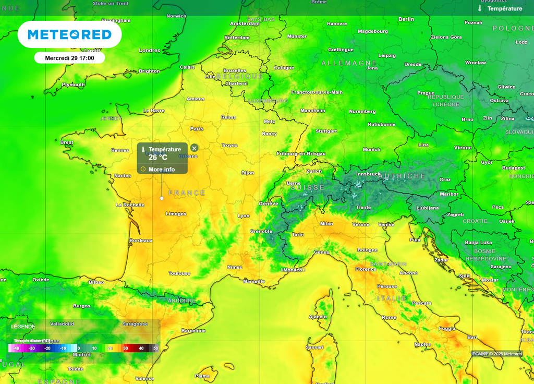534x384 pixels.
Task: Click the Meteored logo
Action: (x=69, y=34)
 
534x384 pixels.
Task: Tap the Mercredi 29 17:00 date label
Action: (x=69, y=58)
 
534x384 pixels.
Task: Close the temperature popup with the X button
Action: (x=194, y=148)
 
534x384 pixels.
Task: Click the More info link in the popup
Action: (x=161, y=170)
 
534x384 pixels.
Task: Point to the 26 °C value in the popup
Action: (x=158, y=157)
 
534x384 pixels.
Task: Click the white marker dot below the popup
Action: (x=162, y=198)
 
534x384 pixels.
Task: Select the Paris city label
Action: (x=197, y=128)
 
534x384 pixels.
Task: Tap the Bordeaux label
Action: (x=141, y=241)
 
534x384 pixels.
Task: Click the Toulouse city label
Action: (x=179, y=273)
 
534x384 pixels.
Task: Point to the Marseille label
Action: (x=254, y=281)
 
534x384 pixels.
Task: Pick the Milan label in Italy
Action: (x=326, y=224)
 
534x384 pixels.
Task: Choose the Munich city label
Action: (x=371, y=150)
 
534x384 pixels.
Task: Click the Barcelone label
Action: (x=193, y=331)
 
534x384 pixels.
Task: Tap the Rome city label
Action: (x=389, y=317)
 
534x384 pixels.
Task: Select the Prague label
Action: (x=426, y=93)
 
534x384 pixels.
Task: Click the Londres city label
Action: (x=150, y=51)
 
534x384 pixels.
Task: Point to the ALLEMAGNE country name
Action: (x=349, y=63)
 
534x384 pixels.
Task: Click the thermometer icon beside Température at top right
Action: (x=480, y=8)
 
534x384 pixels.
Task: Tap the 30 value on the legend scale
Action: (x=125, y=348)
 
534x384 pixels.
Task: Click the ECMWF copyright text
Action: (x=497, y=354)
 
